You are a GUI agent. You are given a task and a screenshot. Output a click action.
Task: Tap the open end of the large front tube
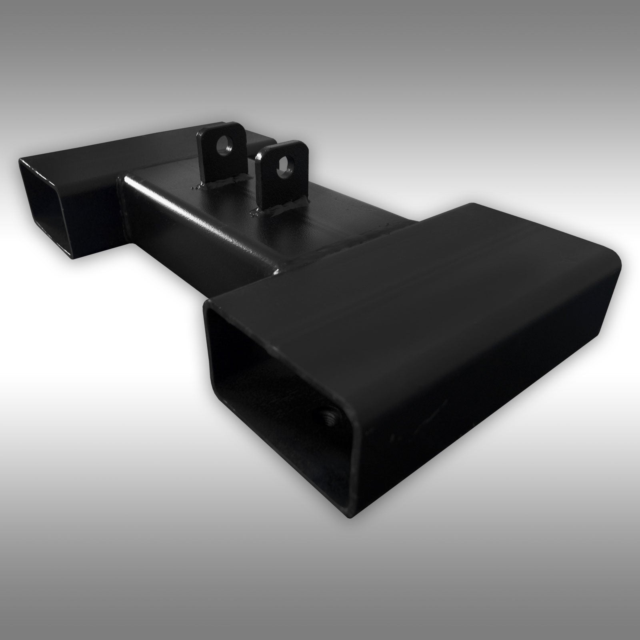click(280, 372)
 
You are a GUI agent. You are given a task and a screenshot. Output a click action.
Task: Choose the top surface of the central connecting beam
click(224, 208)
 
